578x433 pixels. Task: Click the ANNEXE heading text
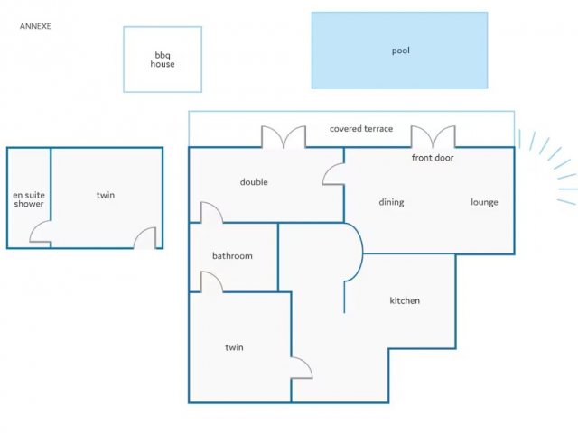click(x=35, y=26)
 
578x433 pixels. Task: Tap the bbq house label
click(x=163, y=60)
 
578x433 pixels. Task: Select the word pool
click(x=401, y=51)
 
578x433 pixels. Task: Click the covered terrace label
click(x=361, y=129)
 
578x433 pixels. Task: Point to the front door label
click(x=433, y=158)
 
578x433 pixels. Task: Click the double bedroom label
click(x=254, y=182)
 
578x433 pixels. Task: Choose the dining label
click(x=391, y=202)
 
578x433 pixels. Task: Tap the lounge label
click(x=484, y=202)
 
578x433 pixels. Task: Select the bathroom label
click(x=233, y=256)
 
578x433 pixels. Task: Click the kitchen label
click(x=405, y=300)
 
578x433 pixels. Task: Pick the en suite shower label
click(x=29, y=199)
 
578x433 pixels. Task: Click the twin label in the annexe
click(x=106, y=195)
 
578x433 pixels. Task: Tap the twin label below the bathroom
click(x=235, y=347)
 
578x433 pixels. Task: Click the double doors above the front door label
click(x=433, y=136)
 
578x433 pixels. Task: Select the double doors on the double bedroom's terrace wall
click(x=284, y=136)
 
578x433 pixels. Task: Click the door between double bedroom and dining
click(x=333, y=174)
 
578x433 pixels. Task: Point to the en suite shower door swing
click(x=40, y=232)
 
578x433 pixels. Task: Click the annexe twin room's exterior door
click(x=144, y=238)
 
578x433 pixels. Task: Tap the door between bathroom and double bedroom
click(x=211, y=213)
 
